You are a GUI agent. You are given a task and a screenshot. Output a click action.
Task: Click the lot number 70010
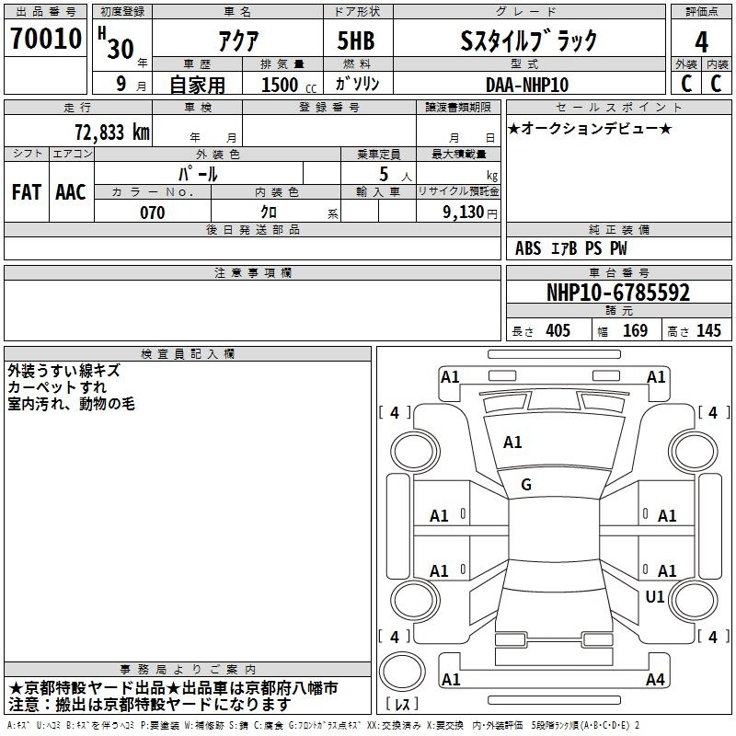point(46,39)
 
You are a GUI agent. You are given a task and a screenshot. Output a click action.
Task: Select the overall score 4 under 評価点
point(701,42)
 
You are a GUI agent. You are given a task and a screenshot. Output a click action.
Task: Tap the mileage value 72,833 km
point(112,132)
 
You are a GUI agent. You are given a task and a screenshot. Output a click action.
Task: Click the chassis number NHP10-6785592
point(618,293)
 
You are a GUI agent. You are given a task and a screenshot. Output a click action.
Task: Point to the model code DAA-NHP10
point(527,85)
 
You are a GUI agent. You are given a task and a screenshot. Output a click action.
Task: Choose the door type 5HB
point(356,40)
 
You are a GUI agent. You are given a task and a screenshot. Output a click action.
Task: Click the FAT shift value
point(27,192)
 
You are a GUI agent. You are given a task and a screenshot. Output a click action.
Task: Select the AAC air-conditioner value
point(71,192)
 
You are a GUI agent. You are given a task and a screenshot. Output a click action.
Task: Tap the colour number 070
point(153,213)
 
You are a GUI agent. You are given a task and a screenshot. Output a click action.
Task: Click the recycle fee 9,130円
point(470,213)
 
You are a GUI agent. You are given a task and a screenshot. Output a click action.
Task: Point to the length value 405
point(558,330)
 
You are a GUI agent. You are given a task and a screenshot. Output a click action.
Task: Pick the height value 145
point(708,330)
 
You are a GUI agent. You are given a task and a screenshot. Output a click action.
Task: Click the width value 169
point(635,330)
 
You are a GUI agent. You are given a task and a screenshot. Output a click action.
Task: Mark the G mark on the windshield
point(526,485)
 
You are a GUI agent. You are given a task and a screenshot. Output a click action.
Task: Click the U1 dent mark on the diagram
point(655,596)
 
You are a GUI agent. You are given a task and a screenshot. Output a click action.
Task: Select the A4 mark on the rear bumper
point(655,679)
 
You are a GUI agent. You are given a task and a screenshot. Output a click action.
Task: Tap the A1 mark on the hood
point(512,443)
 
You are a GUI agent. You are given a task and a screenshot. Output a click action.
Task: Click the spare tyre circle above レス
point(402,672)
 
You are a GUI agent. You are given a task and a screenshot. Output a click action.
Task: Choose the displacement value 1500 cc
point(289,85)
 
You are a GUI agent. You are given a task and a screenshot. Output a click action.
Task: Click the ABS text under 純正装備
point(528,248)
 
